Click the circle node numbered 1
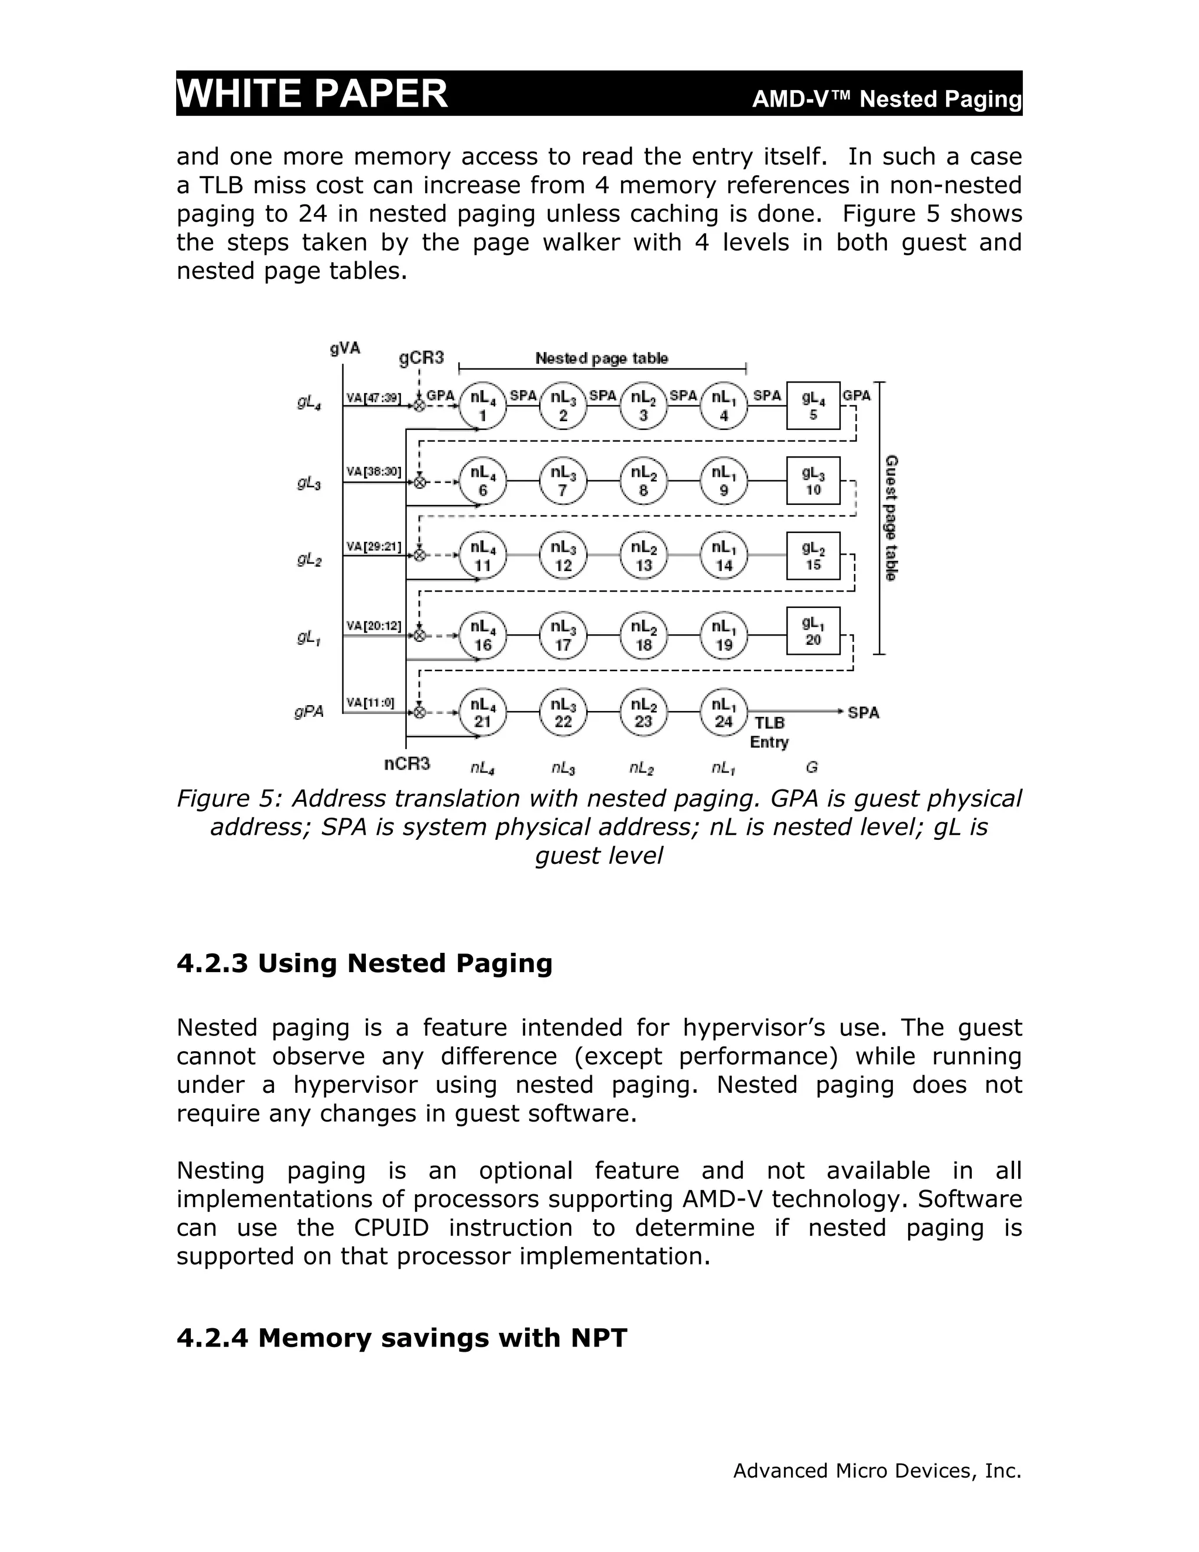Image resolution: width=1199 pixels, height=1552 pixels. coord(482,406)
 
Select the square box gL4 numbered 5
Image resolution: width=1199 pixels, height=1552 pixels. coord(813,406)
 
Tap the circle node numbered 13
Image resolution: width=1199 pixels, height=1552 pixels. coord(643,556)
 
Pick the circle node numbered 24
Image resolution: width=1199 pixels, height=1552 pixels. coord(723,712)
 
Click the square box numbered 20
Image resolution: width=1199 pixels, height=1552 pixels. coord(813,631)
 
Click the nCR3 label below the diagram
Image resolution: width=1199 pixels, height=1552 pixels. coord(407,764)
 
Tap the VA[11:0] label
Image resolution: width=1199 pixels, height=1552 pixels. coord(370,702)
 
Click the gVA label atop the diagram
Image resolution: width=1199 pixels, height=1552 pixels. coord(345,348)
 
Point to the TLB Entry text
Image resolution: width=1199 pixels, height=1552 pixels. coord(769,733)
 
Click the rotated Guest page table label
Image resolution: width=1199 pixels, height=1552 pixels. coord(890,518)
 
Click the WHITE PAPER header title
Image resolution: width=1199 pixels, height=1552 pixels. coord(312,93)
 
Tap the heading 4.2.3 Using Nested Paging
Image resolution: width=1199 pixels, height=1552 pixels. coord(364,963)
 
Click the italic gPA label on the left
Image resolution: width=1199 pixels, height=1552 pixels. coord(309,712)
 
